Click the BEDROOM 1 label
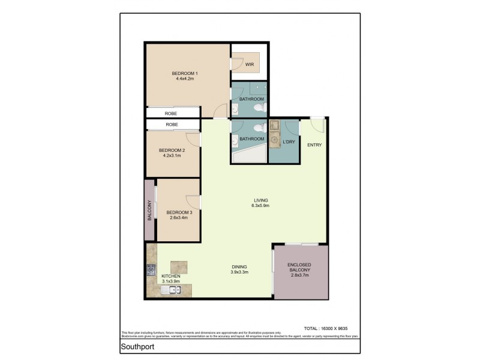pos(187,73)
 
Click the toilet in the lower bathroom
pos(258,128)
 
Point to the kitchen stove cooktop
pos(150,270)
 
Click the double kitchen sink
pos(172,291)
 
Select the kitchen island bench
pos(178,266)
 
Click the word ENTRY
pos(314,145)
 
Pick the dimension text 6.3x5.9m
pos(260,206)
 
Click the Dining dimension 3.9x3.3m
pos(239,272)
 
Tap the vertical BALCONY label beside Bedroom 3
pos(149,211)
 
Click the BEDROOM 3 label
pos(179,212)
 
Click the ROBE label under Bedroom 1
pos(172,113)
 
